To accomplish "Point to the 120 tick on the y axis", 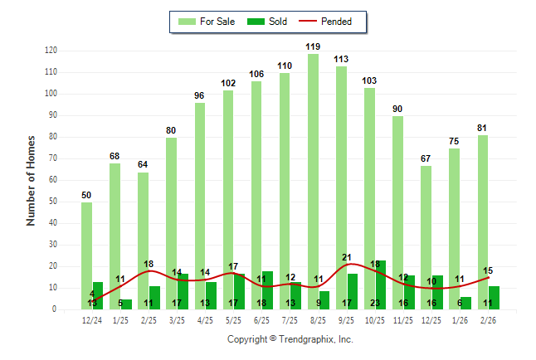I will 51,51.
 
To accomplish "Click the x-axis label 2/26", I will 488,320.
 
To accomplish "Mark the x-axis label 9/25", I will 347,320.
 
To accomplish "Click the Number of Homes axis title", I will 32,180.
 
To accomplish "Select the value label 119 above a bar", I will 313,46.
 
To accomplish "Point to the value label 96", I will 200,96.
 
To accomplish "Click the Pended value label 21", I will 347,257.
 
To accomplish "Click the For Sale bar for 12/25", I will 426,224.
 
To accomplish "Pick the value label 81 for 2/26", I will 482,129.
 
